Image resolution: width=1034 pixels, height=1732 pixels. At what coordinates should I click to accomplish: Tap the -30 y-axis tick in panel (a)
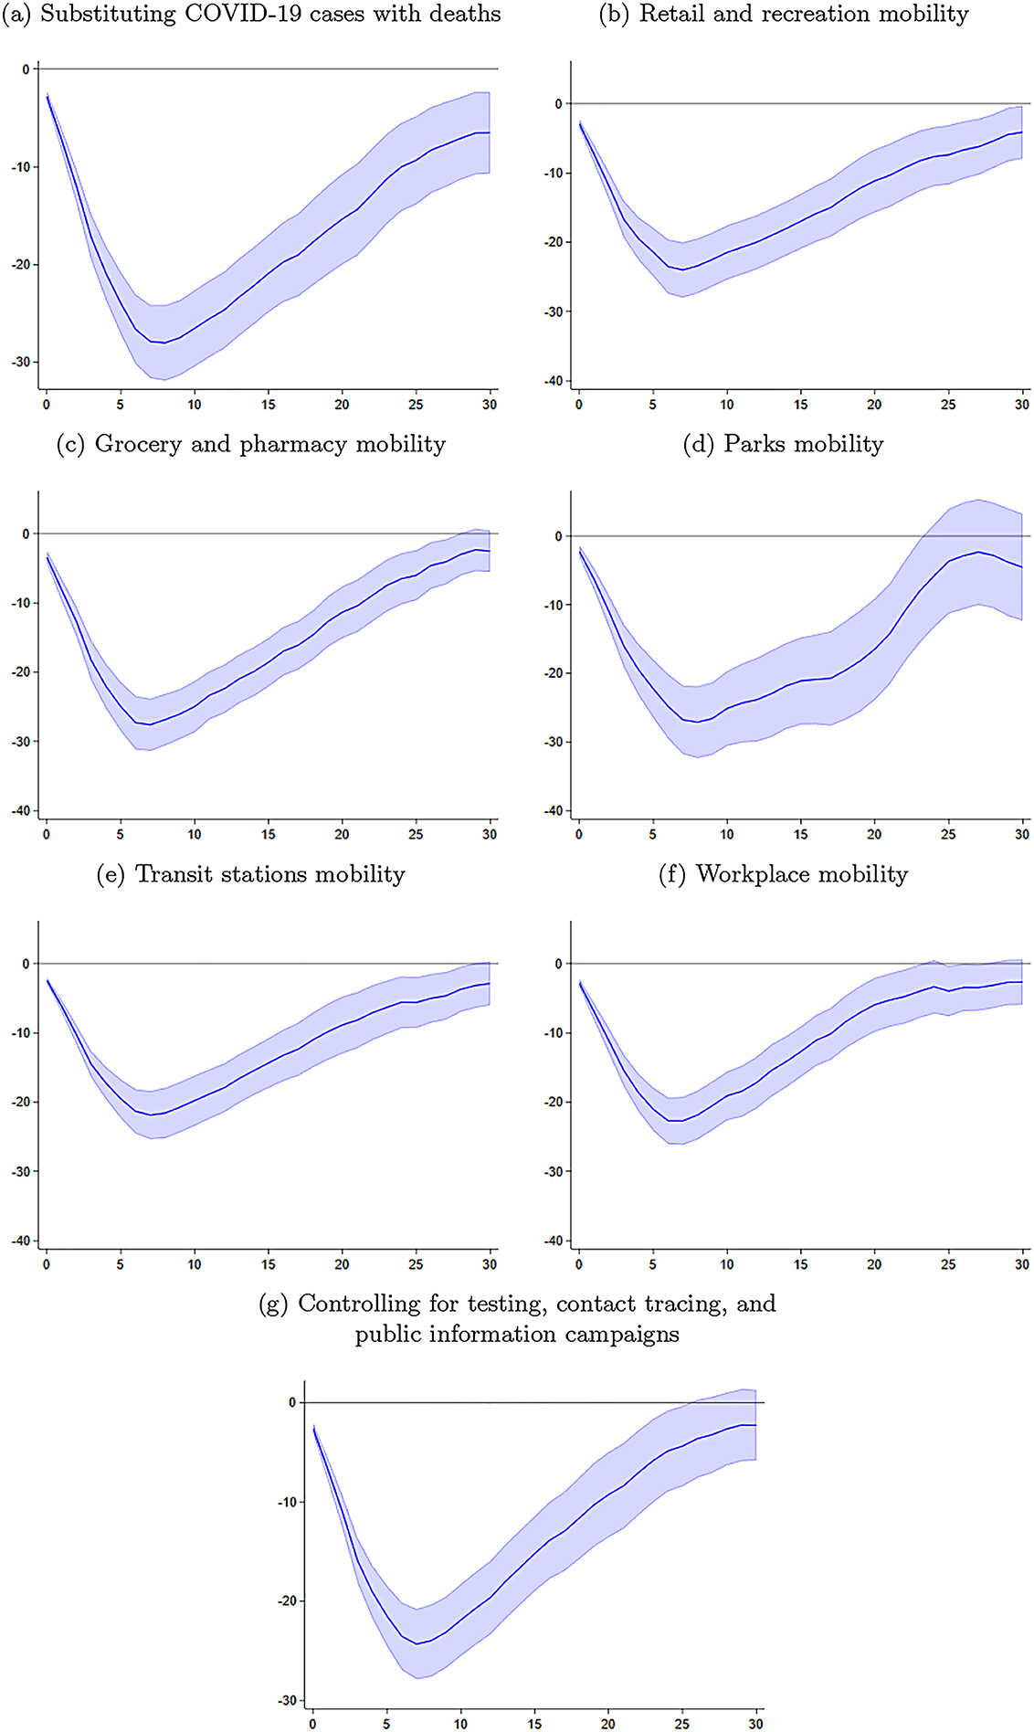[20, 363]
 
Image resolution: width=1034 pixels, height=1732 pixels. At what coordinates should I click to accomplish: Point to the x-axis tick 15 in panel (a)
[269, 405]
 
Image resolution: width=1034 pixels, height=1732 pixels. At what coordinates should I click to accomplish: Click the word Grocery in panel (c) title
[138, 445]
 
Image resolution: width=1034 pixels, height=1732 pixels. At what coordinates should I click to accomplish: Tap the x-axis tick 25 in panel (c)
[416, 834]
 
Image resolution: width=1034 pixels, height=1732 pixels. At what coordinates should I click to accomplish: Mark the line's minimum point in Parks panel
[697, 722]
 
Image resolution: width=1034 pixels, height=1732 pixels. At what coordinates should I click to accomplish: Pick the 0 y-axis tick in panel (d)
[558, 536]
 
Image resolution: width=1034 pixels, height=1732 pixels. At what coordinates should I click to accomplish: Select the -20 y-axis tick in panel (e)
[20, 1103]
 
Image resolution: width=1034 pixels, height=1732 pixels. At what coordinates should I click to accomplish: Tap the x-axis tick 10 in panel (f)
[727, 1264]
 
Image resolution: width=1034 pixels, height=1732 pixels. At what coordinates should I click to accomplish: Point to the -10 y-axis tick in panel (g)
[286, 1502]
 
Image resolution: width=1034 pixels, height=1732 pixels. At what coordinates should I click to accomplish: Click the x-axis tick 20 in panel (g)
[608, 1724]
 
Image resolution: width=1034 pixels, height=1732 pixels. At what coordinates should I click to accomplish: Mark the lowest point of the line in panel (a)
[164, 343]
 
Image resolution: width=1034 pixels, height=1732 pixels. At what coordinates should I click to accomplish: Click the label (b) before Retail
[614, 14]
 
